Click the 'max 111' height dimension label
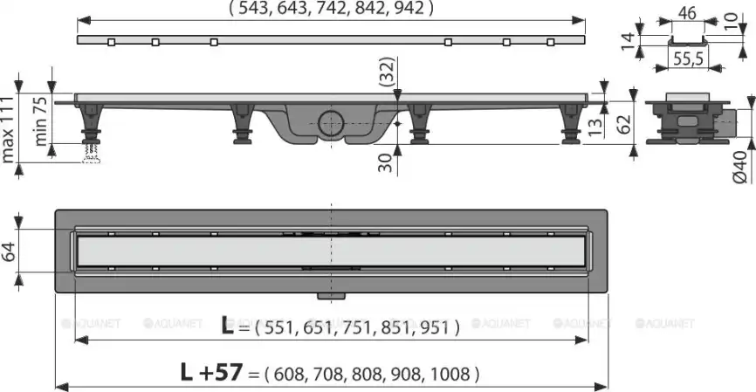click(8, 129)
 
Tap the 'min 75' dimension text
click(40, 121)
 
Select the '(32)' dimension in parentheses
click(387, 72)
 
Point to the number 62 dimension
click(624, 124)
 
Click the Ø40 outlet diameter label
click(739, 167)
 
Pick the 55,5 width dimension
click(688, 58)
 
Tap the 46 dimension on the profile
click(687, 13)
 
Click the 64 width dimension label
click(9, 251)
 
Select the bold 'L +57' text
click(210, 372)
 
